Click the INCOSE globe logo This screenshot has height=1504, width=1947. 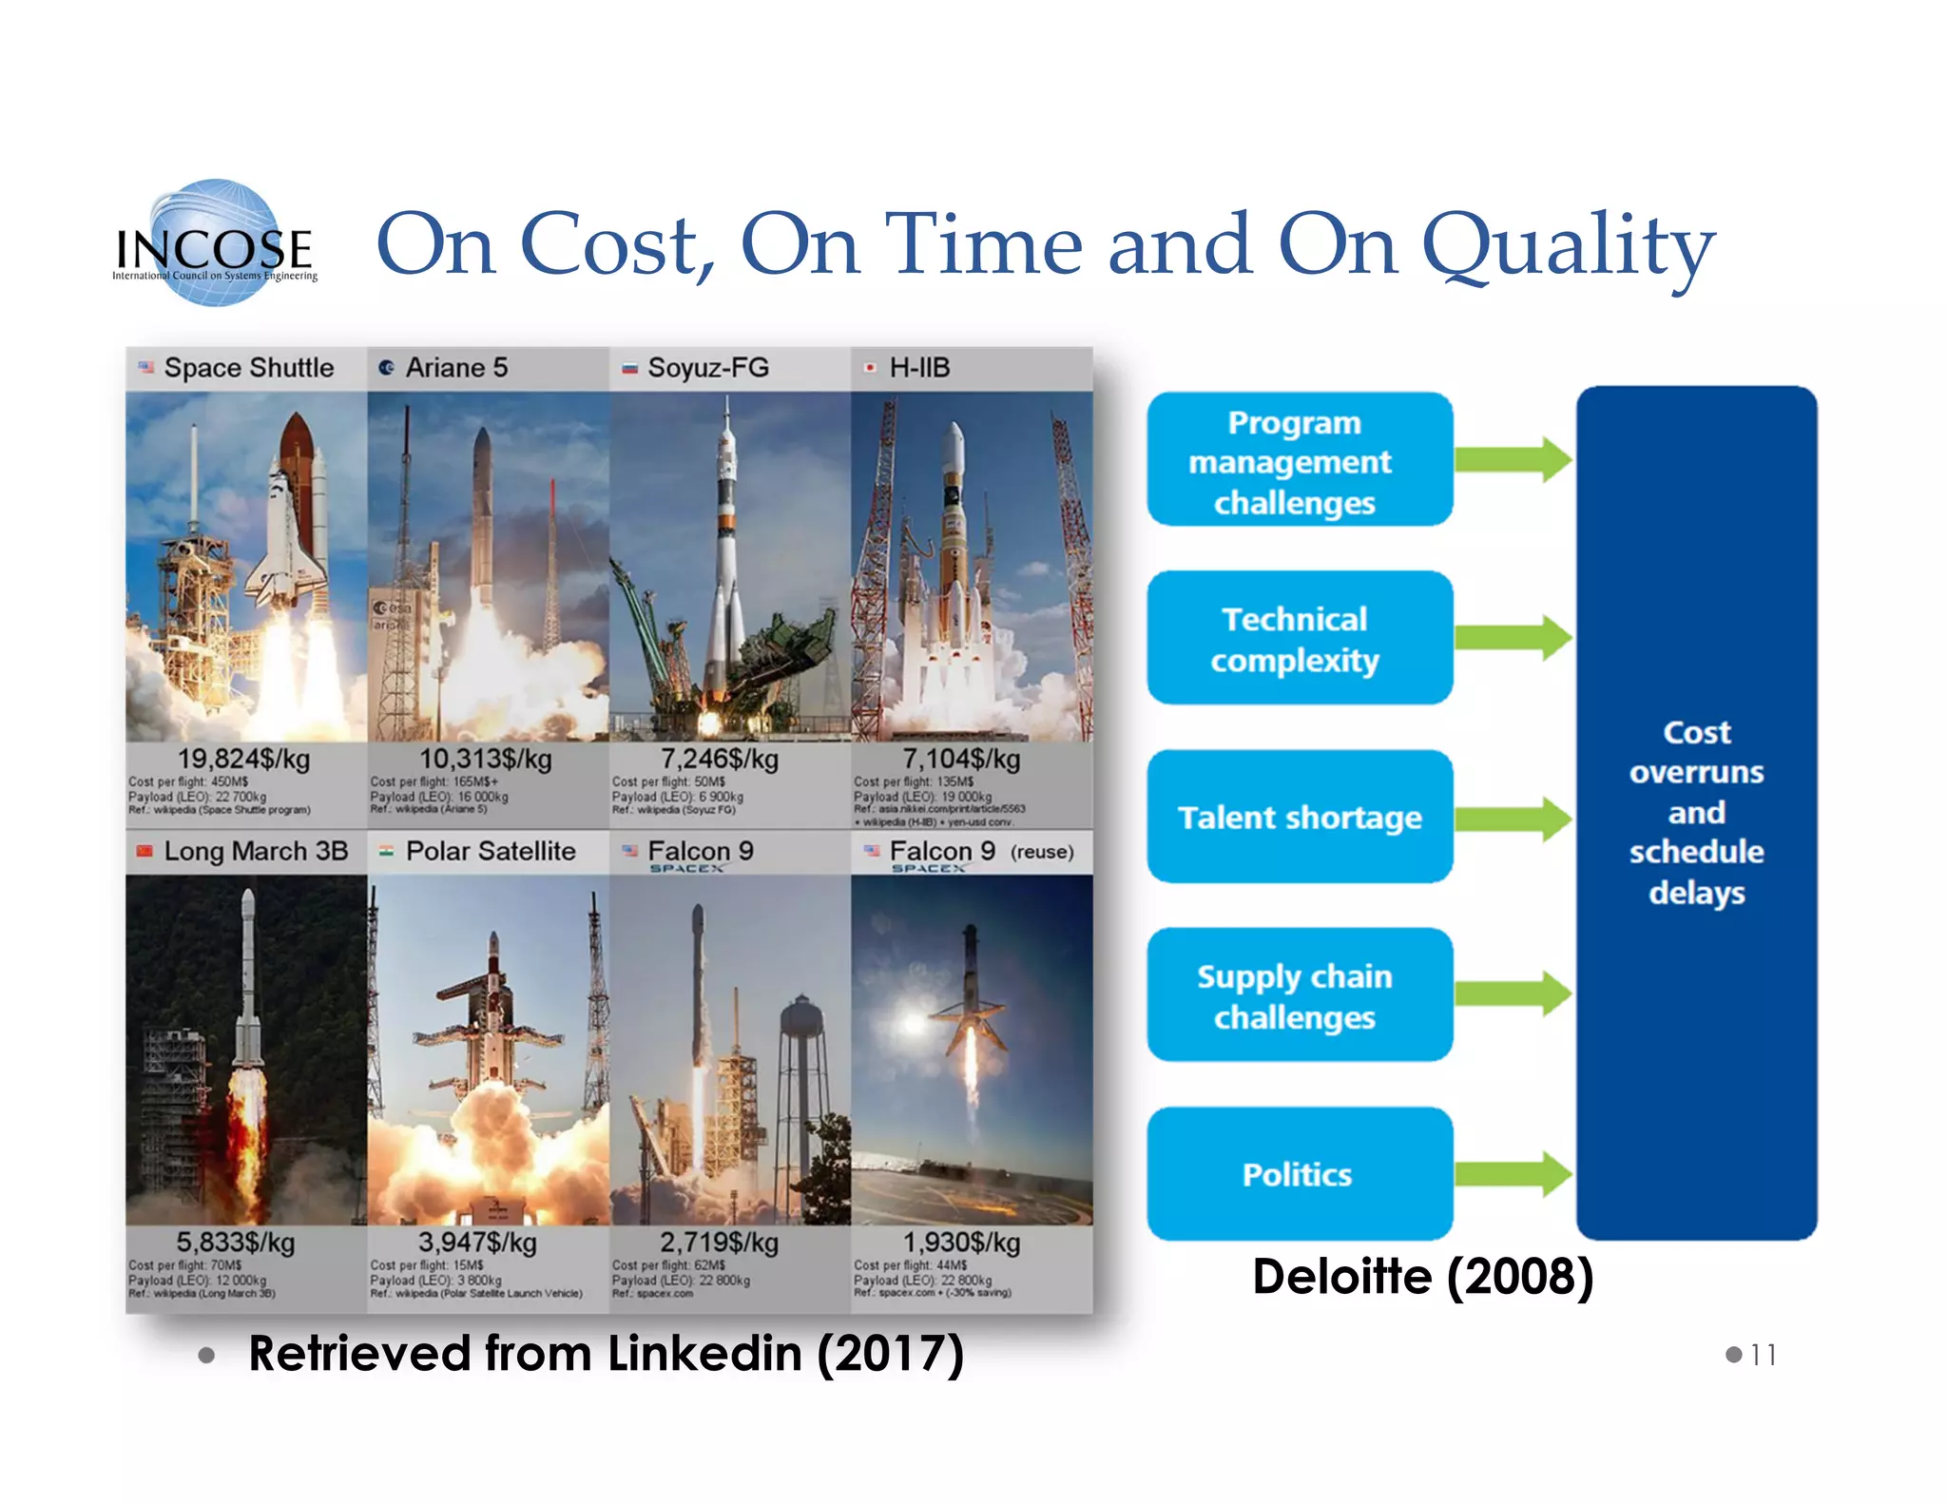(215, 243)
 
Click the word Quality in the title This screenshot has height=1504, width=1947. (1568, 245)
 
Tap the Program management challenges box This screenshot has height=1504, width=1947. (1299, 460)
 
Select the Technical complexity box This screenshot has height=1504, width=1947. (1299, 638)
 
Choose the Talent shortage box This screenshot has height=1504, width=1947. (1299, 817)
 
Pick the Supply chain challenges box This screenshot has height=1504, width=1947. (1299, 995)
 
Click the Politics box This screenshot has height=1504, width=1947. (1299, 1173)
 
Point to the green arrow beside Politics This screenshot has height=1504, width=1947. (1513, 1173)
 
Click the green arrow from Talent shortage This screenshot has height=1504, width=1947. (1513, 819)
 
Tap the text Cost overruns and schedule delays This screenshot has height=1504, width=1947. (1696, 812)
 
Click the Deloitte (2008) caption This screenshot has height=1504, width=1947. (1422, 1276)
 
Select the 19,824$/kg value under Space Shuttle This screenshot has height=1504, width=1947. (243, 759)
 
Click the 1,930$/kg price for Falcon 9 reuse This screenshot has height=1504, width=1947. (961, 1242)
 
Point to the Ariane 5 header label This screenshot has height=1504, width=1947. (456, 368)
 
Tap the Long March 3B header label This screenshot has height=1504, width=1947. (255, 851)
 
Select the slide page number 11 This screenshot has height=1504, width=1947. (1763, 1354)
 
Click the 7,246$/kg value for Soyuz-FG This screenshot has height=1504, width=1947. (720, 759)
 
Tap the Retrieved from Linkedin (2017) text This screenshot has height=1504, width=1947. (606, 1353)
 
